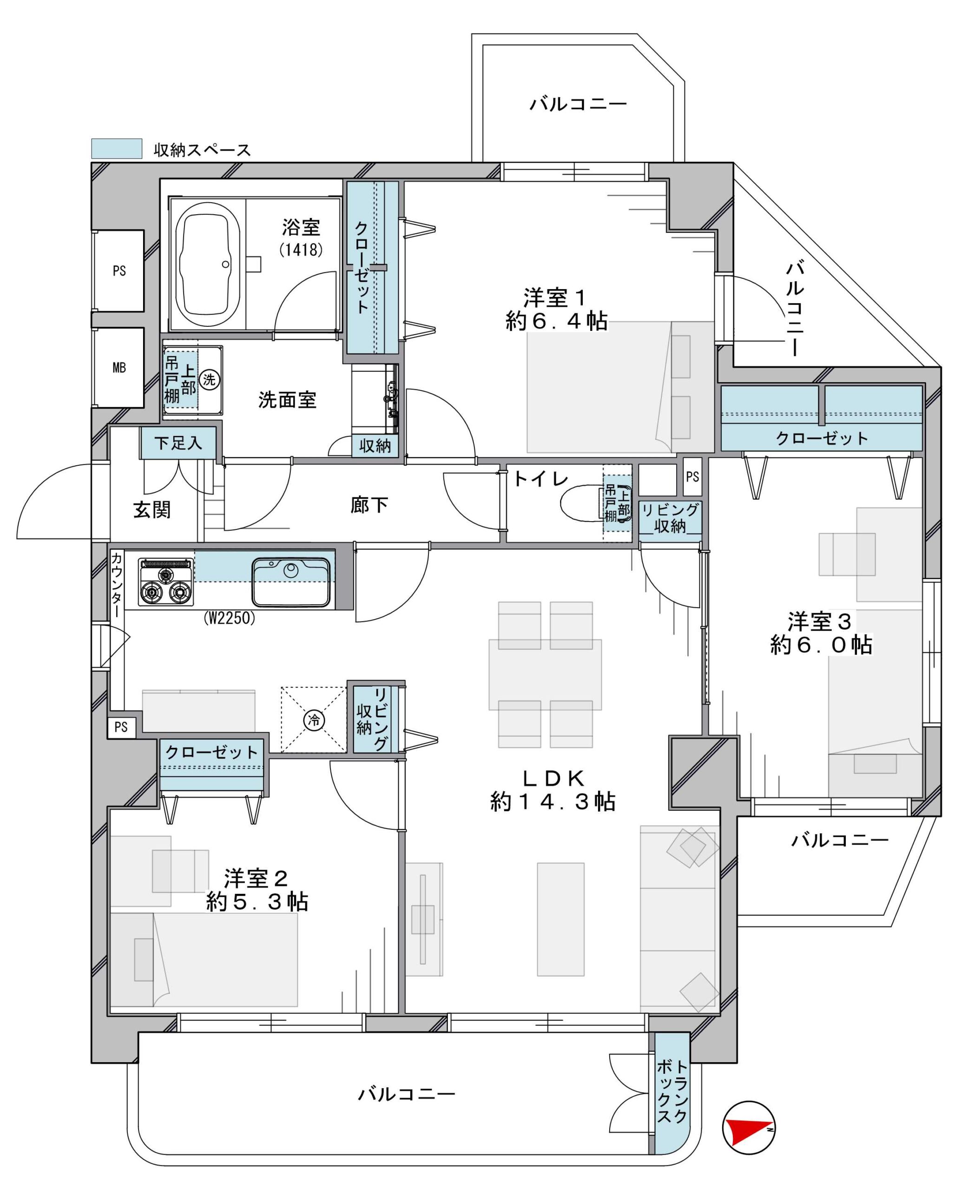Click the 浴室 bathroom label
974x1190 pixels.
[301, 227]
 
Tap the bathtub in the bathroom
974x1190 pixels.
[208, 267]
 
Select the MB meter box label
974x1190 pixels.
[119, 368]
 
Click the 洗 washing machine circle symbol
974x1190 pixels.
[209, 379]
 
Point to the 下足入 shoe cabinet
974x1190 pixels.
[178, 443]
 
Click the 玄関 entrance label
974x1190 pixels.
[152, 509]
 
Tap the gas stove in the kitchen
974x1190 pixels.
[166, 582]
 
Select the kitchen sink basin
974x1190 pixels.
[290, 582]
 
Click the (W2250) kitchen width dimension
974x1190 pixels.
[229, 619]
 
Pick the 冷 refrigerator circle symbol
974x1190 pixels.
[314, 720]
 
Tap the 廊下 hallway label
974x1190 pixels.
[369, 505]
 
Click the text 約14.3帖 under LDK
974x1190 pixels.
[553, 802]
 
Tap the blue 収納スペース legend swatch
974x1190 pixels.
[117, 149]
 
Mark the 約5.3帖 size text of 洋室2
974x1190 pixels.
[257, 902]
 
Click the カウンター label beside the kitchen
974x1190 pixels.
[116, 585]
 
